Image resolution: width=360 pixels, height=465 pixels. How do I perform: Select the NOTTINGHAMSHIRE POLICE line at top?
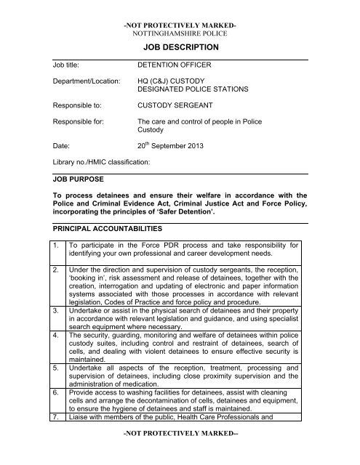click(x=179, y=33)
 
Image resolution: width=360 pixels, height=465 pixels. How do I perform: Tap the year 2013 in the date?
click(x=202, y=146)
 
